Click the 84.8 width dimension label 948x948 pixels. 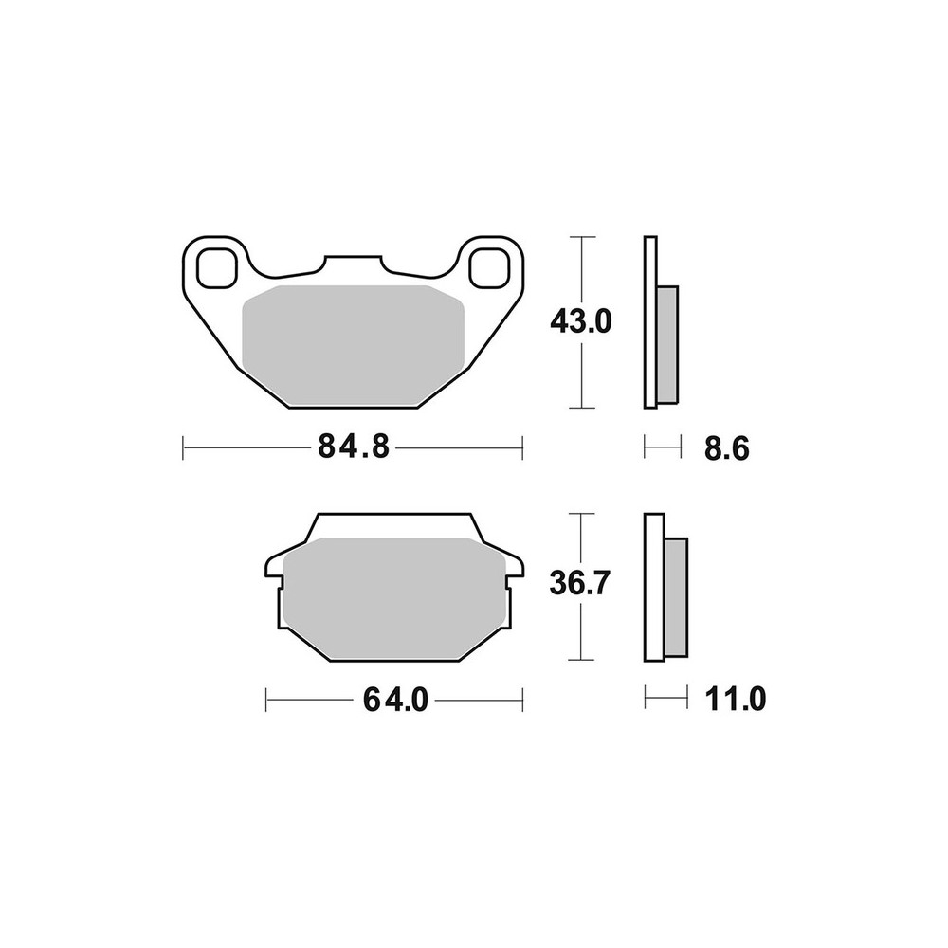[354, 448]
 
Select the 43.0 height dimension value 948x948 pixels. [581, 321]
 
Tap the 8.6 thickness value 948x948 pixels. [727, 449]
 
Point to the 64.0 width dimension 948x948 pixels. [395, 701]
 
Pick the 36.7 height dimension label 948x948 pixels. [580, 584]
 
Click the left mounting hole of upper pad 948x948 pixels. [216, 267]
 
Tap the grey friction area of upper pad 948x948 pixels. [353, 345]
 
